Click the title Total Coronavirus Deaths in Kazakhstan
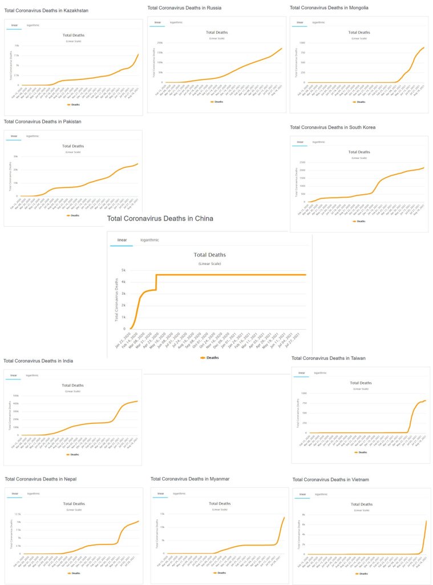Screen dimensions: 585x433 [46, 11]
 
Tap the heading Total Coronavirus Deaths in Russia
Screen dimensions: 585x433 [184, 8]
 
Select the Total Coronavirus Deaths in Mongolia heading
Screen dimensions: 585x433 [329, 8]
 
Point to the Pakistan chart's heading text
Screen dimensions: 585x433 [42, 122]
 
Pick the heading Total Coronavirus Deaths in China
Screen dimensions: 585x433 [160, 218]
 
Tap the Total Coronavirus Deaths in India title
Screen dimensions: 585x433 [38, 361]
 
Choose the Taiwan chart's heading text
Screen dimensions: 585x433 [329, 358]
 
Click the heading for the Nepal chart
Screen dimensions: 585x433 [41, 479]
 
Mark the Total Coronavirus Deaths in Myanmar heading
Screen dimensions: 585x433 [190, 479]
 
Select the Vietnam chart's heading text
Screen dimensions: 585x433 [330, 479]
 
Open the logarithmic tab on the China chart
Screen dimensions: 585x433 [149, 240]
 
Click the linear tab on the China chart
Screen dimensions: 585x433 [122, 240]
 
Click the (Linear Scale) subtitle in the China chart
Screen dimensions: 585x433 [209, 264]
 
